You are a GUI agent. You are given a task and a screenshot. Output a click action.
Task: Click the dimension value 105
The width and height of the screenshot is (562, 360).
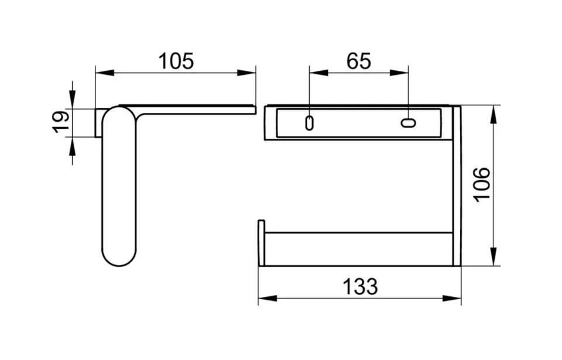(176, 61)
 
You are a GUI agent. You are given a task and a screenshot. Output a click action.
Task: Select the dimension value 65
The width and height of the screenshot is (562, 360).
(358, 61)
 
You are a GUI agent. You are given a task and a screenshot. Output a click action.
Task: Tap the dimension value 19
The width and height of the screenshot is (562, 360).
(61, 122)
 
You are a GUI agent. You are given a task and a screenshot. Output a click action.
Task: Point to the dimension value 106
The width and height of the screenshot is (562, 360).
(481, 184)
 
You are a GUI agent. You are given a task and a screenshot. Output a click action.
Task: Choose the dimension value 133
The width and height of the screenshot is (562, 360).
(360, 286)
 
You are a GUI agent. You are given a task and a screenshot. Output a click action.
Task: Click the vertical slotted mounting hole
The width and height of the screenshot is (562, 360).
(309, 123)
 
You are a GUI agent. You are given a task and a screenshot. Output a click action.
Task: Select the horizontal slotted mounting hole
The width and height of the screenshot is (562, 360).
(408, 123)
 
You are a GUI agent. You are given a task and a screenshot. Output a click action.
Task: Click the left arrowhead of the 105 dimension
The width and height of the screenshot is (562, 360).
(105, 73)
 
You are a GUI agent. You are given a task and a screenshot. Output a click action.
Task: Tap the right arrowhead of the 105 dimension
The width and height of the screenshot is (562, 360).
(246, 73)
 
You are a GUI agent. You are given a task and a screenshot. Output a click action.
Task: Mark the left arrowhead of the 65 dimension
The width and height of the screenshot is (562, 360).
(318, 73)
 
